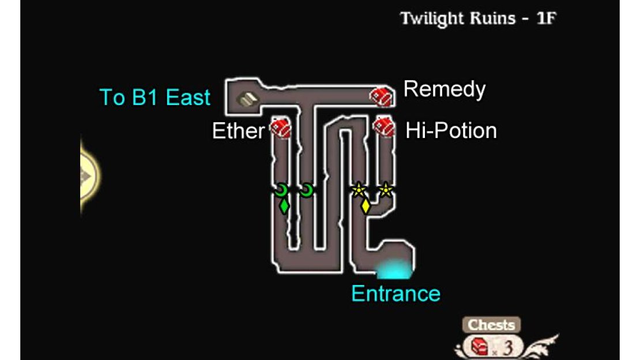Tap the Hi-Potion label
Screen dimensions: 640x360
451,131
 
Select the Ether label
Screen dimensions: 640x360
238,131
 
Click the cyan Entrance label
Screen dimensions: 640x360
396,294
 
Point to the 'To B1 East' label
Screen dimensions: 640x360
155,97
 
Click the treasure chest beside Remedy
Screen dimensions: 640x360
382,97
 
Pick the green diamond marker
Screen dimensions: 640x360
284,206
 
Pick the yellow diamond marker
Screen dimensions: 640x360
366,206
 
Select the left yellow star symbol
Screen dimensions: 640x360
359,190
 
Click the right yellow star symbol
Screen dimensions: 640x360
385,190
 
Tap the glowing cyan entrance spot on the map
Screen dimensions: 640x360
394,269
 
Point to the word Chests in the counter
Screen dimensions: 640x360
491,325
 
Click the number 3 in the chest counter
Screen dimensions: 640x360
507,348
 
